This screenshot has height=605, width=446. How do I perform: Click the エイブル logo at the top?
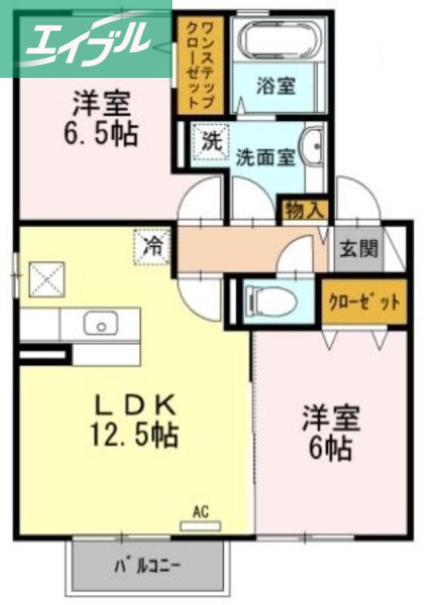(x=86, y=39)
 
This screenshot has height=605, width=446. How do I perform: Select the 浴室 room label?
(x=276, y=85)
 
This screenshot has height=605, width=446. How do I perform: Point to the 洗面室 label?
(x=265, y=157)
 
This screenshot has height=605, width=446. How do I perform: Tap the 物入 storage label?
(x=305, y=211)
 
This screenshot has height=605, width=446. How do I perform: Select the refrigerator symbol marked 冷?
(x=152, y=247)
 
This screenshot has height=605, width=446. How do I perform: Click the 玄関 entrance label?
(x=358, y=248)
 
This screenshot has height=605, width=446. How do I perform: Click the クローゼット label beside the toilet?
(x=364, y=302)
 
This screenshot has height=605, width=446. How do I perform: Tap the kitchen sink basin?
(x=101, y=324)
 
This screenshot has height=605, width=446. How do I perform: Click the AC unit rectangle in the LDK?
(x=200, y=526)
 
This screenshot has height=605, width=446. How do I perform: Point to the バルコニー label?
(x=147, y=566)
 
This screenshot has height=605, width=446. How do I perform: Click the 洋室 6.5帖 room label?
(x=101, y=118)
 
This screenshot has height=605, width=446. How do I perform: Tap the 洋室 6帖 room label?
(x=330, y=433)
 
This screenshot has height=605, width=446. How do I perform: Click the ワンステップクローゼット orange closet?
(x=200, y=64)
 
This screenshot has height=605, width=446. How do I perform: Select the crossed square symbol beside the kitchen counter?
(x=47, y=279)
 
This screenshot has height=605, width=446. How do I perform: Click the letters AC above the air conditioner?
(x=200, y=512)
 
